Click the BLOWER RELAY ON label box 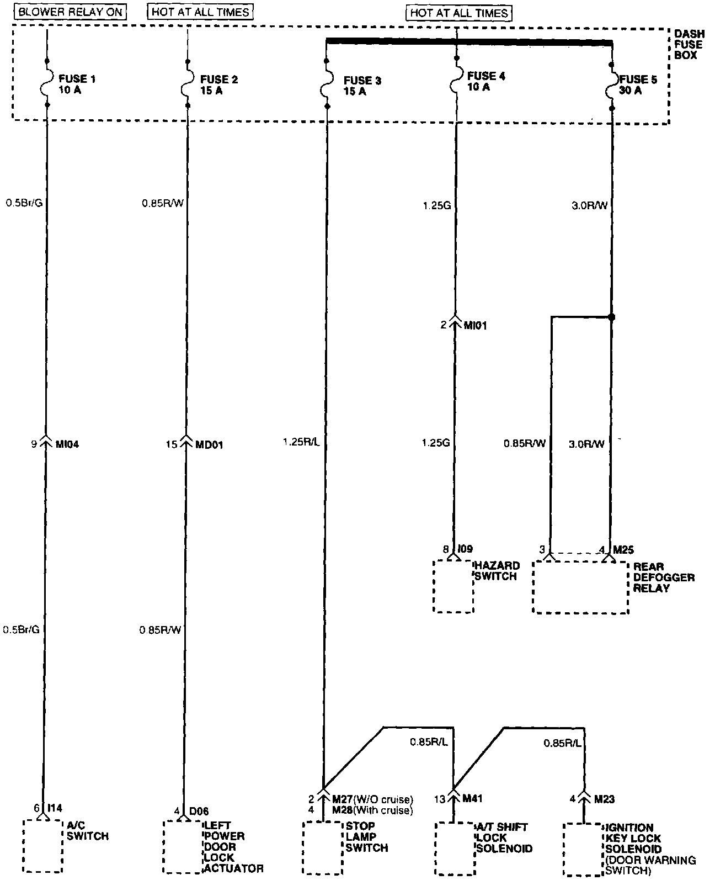tap(70, 12)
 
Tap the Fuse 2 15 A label tap(219, 85)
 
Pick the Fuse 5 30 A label tap(638, 85)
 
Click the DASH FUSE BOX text tap(689, 45)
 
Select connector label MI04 tap(67, 444)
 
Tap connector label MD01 tap(210, 444)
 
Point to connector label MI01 tap(475, 325)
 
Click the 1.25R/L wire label tap(301, 442)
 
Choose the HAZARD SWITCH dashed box tap(453, 586)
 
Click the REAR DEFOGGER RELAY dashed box tap(580, 587)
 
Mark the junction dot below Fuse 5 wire tap(611, 317)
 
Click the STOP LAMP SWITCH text tap(367, 837)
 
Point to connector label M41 tap(473, 799)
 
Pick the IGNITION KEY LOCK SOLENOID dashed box tap(583, 849)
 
